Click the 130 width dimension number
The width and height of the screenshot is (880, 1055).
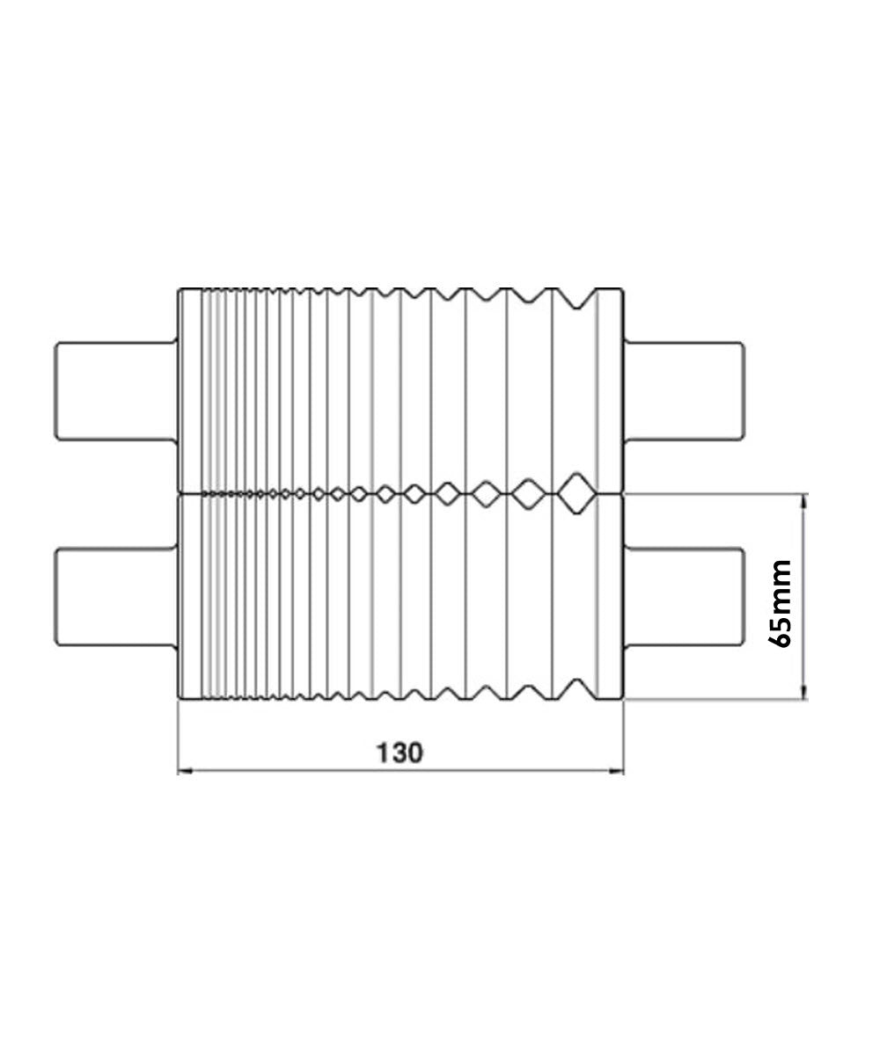point(400,753)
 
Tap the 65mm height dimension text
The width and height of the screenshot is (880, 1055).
point(780,603)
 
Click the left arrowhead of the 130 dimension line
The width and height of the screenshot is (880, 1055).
point(184,772)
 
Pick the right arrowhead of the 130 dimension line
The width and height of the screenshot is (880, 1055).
point(618,772)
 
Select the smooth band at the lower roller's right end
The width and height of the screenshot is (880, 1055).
point(610,598)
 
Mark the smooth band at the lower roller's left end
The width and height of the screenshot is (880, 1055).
point(190,598)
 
